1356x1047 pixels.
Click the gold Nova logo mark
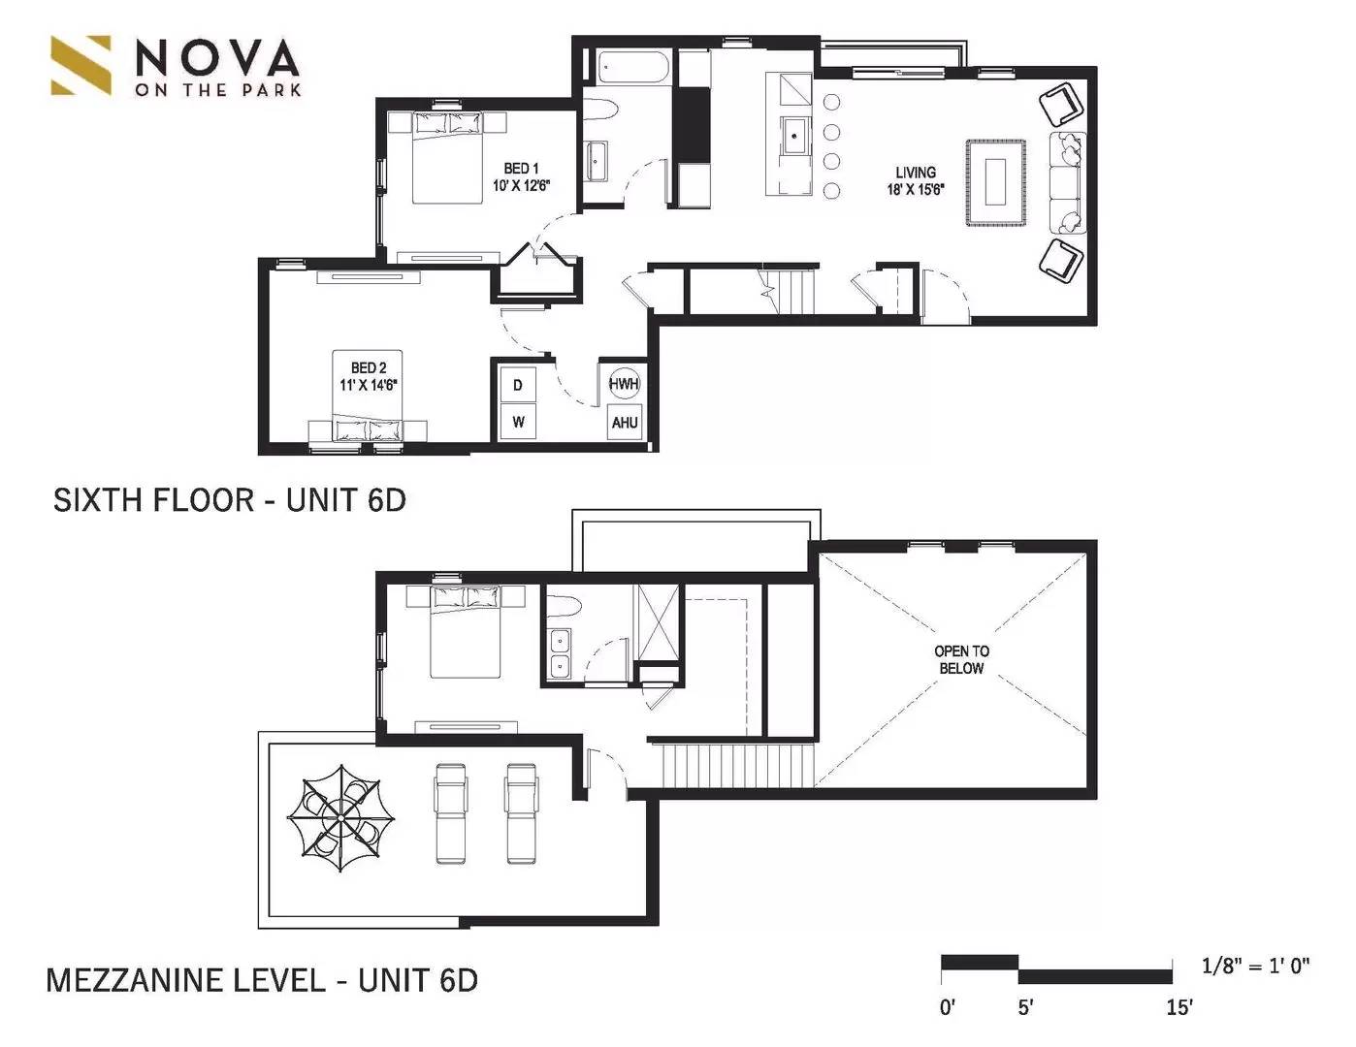pos(81,66)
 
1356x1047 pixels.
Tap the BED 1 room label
pos(521,177)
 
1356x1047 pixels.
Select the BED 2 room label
pos(369,376)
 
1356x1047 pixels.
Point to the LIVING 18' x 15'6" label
pos(916,181)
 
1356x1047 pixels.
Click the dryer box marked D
pos(518,385)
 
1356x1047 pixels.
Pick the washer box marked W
pos(518,422)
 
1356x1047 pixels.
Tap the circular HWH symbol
pos(624,384)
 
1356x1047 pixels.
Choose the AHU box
pos(625,423)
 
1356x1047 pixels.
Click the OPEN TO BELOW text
pos(961,660)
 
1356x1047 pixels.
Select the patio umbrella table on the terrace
pos(340,817)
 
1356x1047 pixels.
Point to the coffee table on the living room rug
pos(995,181)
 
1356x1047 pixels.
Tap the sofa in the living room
pos(1068,182)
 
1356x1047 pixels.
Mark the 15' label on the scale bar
pos(1180,1007)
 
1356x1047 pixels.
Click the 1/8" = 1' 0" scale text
pos(1255,966)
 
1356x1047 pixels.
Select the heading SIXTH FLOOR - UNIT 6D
pos(230,500)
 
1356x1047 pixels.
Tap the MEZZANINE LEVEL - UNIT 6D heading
pos(262,980)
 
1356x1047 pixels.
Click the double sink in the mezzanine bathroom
pos(560,654)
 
